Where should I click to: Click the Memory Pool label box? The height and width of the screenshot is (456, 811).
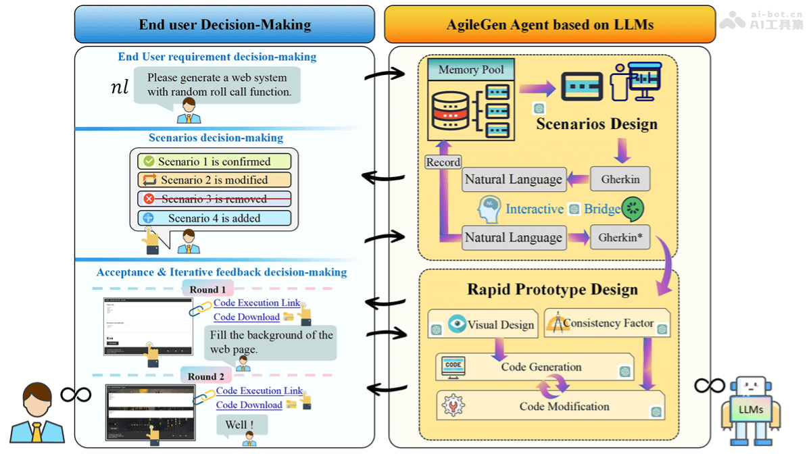click(x=470, y=70)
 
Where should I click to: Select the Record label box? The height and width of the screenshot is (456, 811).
click(x=443, y=162)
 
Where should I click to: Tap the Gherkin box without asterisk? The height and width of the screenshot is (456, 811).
click(x=620, y=180)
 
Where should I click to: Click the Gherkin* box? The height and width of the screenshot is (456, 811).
click(x=620, y=237)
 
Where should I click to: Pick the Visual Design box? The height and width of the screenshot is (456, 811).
click(x=483, y=324)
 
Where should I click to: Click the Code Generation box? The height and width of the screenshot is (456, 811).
click(x=534, y=368)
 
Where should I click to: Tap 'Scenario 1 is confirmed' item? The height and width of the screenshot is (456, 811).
click(x=214, y=161)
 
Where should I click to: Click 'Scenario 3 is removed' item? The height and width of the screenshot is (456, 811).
click(x=214, y=199)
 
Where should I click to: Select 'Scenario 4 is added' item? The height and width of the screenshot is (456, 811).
click(x=214, y=218)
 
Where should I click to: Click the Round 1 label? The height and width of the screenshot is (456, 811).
click(x=207, y=289)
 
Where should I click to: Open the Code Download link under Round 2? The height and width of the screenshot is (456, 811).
click(x=249, y=405)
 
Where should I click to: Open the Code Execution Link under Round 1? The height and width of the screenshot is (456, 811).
click(x=257, y=303)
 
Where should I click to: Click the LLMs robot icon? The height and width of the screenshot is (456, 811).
click(x=750, y=411)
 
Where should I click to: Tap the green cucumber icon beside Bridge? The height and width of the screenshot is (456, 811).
click(x=633, y=208)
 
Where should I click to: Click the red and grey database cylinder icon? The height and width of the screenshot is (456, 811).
click(x=451, y=111)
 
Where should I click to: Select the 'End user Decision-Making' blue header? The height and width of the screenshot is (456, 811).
click(x=224, y=25)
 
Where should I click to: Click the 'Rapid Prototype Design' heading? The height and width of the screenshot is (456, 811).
click(x=552, y=290)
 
